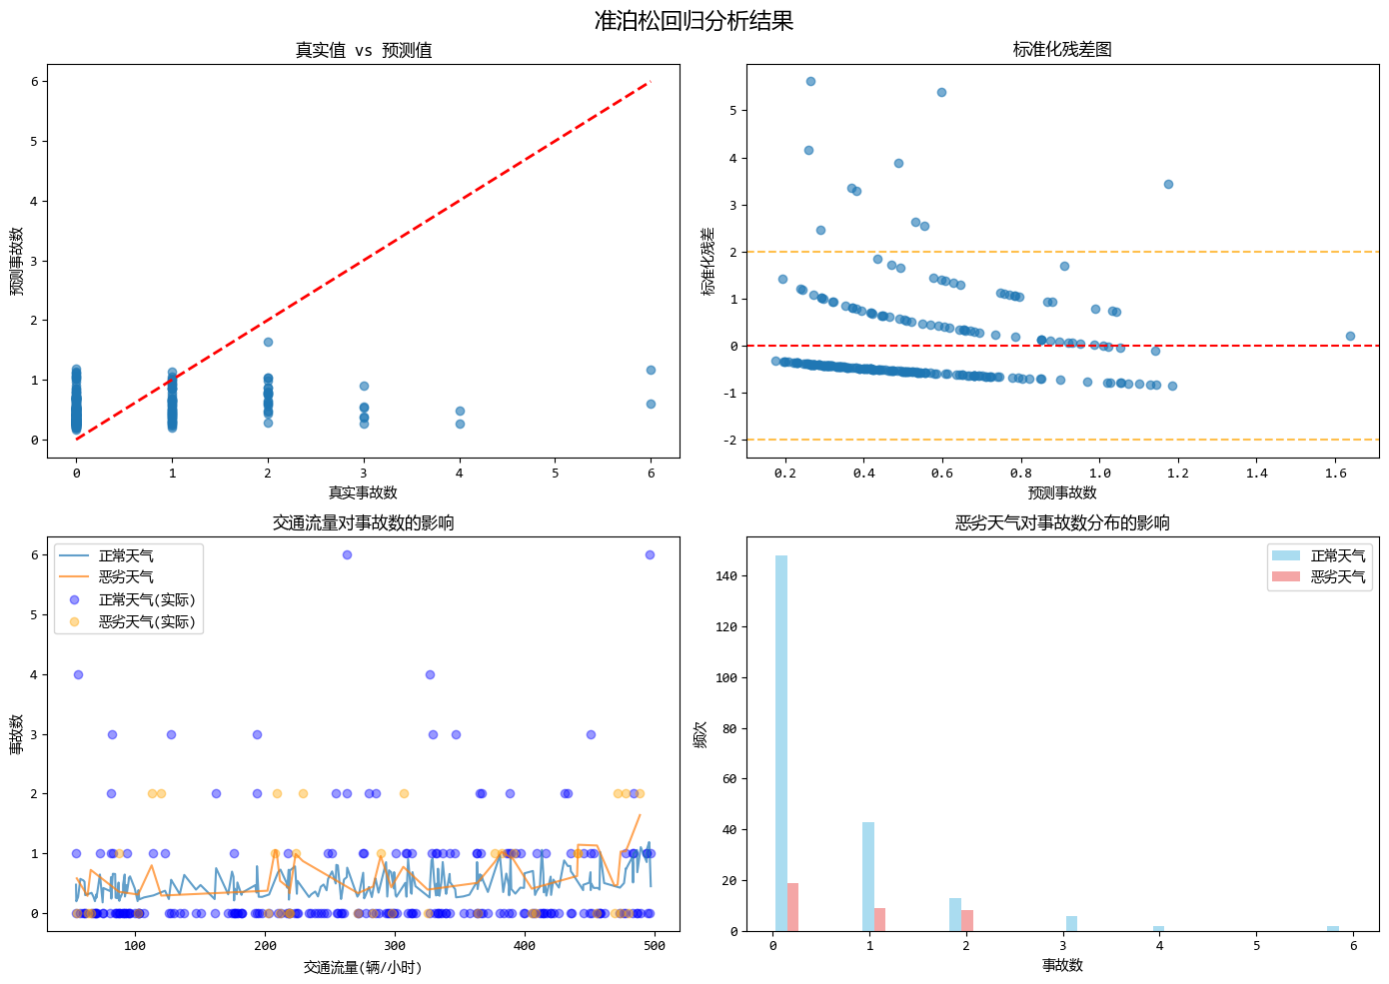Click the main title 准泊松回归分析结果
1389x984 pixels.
click(694, 21)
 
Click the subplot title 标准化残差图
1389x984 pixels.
click(1062, 50)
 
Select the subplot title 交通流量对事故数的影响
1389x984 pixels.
click(363, 522)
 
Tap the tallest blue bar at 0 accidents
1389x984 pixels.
click(781, 743)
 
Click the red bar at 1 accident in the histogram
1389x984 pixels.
click(879, 919)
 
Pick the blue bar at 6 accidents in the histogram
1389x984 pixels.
click(1333, 929)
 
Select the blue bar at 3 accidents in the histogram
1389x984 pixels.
click(1071, 923)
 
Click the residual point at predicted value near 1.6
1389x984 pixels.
click(1350, 337)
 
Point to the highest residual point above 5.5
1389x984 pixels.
click(810, 82)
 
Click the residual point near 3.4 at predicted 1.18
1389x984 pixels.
click(1168, 185)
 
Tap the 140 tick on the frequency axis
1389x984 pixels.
click(726, 576)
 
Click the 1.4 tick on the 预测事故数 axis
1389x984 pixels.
click(1256, 474)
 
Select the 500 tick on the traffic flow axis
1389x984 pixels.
click(655, 946)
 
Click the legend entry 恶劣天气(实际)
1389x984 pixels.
click(146, 621)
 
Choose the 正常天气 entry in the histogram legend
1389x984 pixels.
click(1337, 555)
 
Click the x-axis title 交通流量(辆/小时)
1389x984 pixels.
click(363, 967)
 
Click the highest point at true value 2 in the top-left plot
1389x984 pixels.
click(268, 343)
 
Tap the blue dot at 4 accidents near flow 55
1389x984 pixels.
click(78, 674)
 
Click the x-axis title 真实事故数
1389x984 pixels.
click(363, 492)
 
